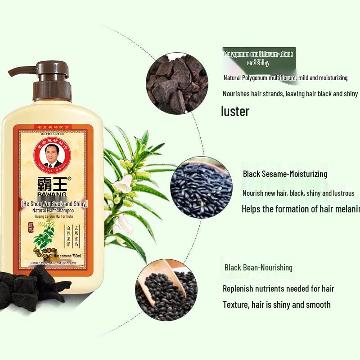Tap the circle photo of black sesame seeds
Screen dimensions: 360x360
tap(201, 187)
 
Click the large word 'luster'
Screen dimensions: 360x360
tap(235, 111)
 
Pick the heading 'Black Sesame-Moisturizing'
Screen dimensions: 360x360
tap(285, 174)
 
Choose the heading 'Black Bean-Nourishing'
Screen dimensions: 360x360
tap(258, 267)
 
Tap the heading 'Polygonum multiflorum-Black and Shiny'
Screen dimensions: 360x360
tap(258, 58)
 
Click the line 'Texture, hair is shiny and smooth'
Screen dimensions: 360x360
tap(276, 305)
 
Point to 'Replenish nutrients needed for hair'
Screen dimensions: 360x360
tap(278, 288)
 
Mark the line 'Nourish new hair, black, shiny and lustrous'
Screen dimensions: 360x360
tap(298, 193)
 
